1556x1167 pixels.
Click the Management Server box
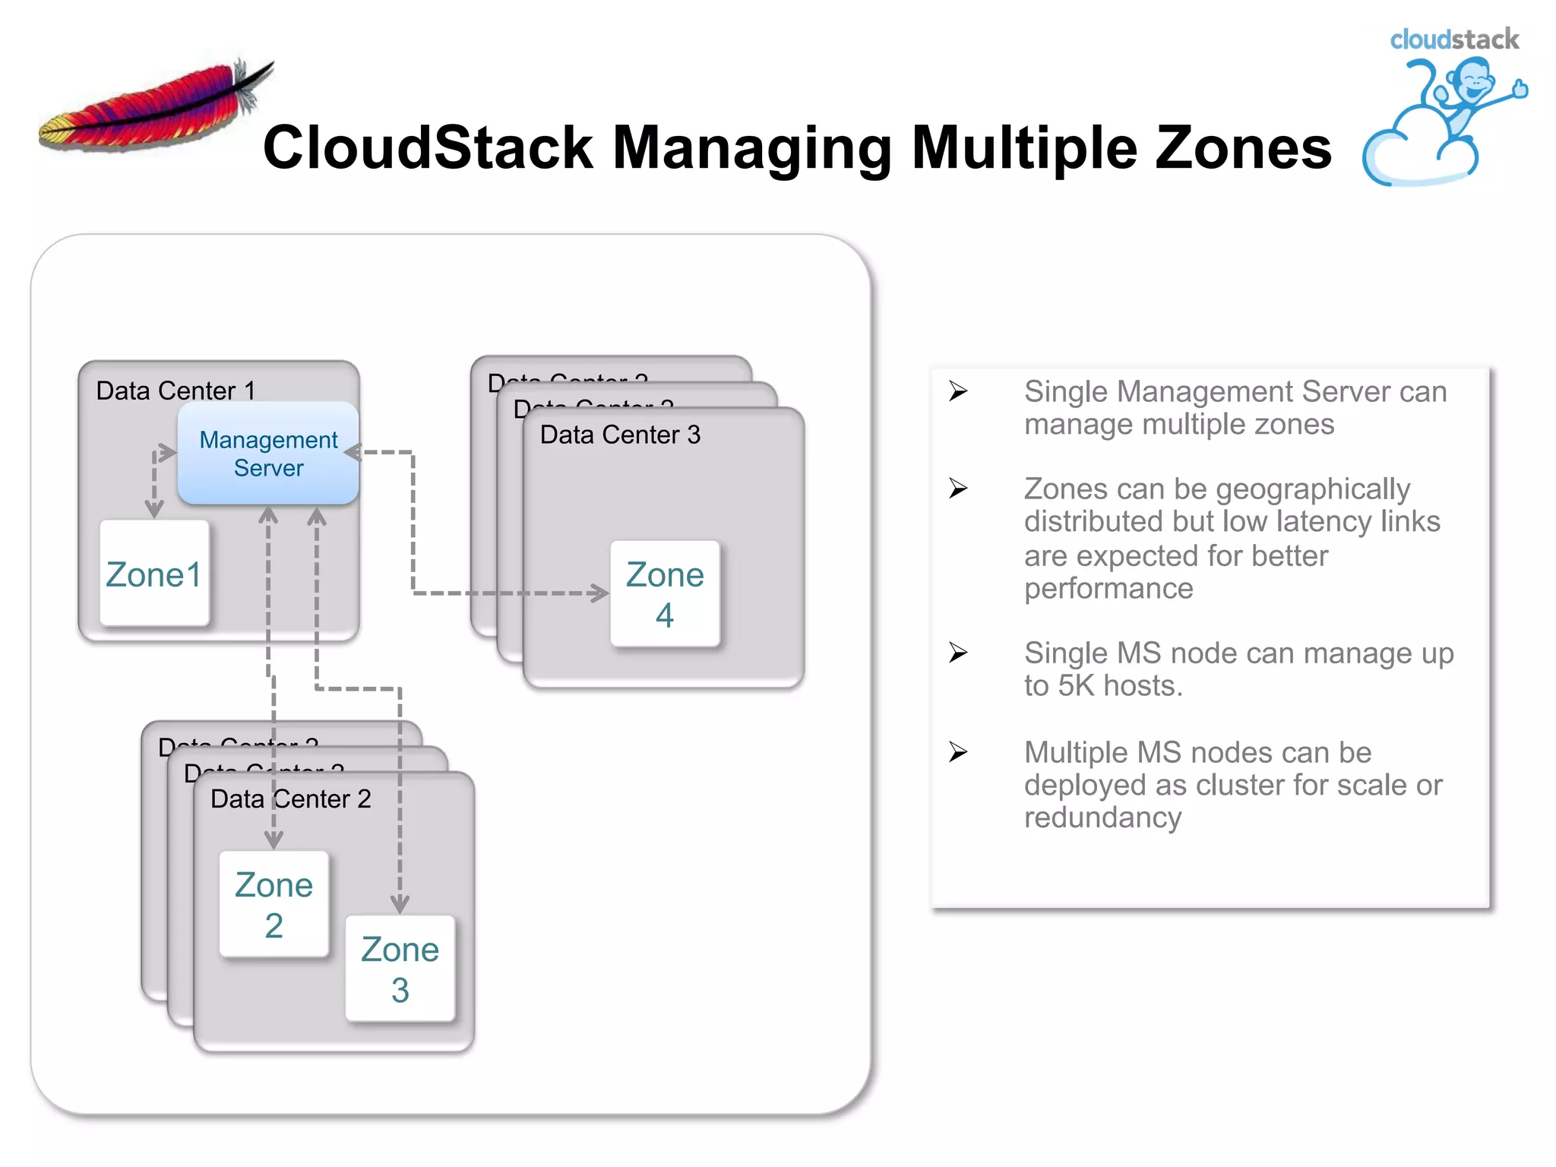tap(268, 454)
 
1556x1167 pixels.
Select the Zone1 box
tap(154, 574)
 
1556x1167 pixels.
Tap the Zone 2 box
tap(274, 904)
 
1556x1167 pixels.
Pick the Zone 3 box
tap(400, 969)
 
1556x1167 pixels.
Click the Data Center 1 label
tap(176, 391)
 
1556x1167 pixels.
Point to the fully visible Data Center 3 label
tap(620, 435)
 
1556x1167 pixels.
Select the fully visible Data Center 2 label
tap(291, 799)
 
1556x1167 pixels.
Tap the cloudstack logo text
tap(1453, 40)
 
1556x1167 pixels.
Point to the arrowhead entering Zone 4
tap(601, 593)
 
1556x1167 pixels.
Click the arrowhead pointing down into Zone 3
tap(400, 904)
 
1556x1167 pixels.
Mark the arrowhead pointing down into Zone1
tap(154, 509)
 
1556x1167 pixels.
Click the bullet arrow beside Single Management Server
tap(958, 391)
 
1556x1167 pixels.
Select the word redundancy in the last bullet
tap(1102, 818)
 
